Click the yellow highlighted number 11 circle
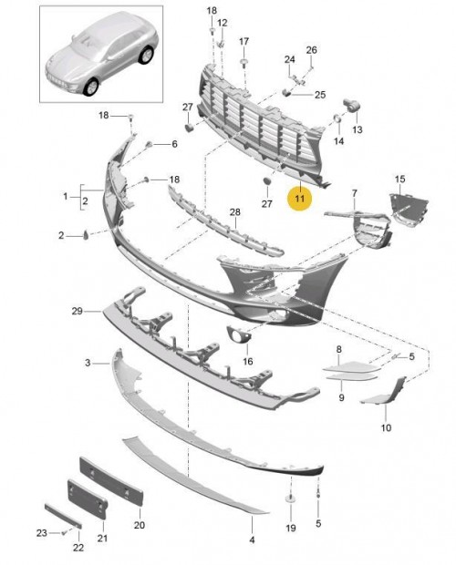click(300, 198)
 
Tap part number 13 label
click(358, 129)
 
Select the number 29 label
click(78, 311)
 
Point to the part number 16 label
click(248, 361)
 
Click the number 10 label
click(386, 427)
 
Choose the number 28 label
click(235, 212)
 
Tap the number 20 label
click(140, 525)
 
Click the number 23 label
click(42, 532)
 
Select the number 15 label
click(400, 179)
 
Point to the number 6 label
click(174, 144)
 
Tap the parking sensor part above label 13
click(351, 104)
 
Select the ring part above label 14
click(337, 118)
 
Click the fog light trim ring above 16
click(238, 334)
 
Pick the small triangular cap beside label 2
click(86, 234)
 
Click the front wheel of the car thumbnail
click(91, 87)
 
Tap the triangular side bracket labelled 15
click(409, 211)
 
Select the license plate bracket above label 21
click(87, 498)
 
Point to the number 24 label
click(290, 59)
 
